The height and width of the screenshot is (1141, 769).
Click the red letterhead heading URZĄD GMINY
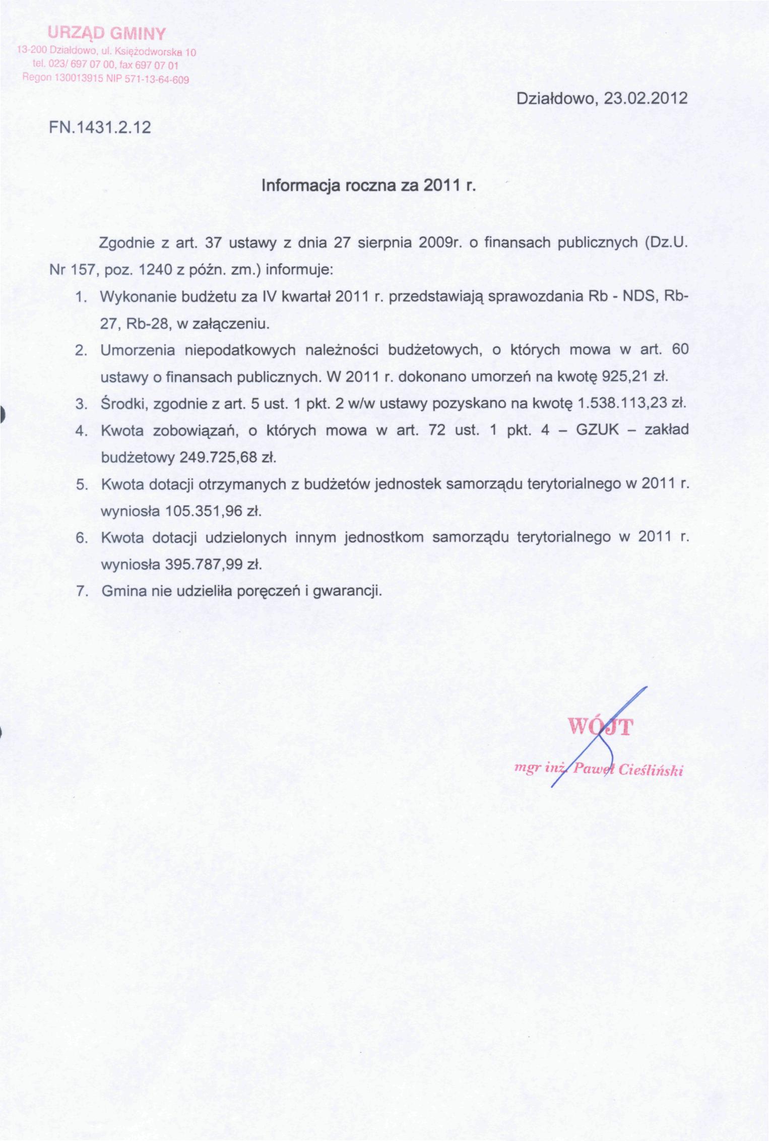tap(106, 34)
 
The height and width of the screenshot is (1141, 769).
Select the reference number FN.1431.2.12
tap(101, 127)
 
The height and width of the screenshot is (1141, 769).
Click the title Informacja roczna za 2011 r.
tap(368, 185)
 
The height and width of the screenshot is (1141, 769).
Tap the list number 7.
tap(82, 591)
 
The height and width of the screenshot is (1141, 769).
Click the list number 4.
tap(81, 431)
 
